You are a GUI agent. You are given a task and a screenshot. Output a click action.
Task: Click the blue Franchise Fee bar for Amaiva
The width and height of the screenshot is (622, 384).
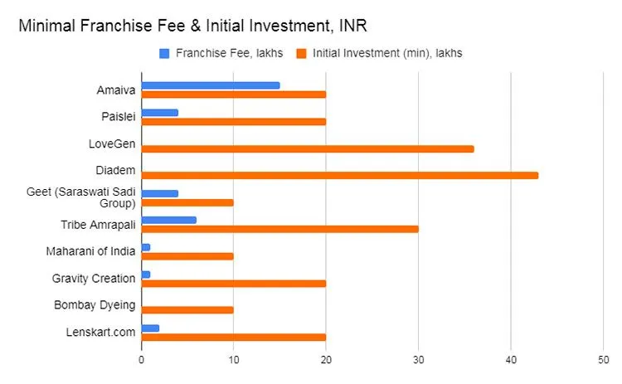211,85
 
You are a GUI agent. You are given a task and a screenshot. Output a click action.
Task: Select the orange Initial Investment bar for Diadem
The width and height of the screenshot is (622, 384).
340,175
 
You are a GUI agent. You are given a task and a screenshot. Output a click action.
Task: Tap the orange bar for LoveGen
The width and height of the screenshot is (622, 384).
308,148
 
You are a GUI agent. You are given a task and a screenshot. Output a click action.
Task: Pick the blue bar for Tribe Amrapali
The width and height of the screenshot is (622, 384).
169,220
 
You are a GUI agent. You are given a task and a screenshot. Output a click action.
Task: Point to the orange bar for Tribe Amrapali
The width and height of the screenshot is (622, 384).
280,229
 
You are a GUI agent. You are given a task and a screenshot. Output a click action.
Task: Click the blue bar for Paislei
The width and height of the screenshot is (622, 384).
160,112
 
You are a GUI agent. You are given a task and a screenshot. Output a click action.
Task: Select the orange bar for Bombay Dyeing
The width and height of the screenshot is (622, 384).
187,309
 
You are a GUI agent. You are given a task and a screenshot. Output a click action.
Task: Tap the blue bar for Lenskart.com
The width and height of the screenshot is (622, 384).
150,328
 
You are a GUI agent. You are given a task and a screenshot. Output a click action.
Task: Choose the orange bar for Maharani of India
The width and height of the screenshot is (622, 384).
187,256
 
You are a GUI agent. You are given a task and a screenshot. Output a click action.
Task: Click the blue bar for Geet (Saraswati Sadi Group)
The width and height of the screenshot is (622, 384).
160,193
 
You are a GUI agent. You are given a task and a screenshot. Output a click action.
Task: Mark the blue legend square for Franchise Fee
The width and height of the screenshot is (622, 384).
164,53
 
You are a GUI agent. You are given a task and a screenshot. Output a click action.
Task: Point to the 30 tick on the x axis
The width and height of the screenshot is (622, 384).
418,360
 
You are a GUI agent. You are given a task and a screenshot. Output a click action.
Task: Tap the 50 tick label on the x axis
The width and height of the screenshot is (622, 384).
603,360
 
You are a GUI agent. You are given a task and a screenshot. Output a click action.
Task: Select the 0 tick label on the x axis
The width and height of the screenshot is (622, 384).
142,360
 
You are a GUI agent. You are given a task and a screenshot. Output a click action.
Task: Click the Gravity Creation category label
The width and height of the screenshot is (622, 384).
93,278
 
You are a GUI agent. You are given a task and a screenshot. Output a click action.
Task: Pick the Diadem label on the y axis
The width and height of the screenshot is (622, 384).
116,170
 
